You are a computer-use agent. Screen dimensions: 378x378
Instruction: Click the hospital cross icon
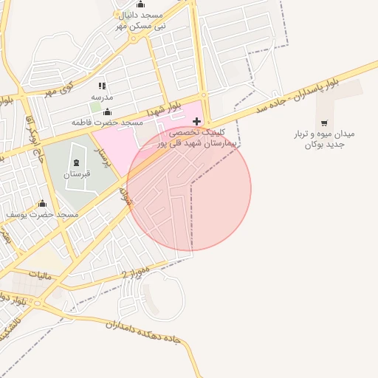tap(196, 120)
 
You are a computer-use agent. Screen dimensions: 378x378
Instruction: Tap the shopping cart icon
tap(325, 123)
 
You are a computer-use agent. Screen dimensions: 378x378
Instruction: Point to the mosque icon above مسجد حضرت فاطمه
tap(107, 111)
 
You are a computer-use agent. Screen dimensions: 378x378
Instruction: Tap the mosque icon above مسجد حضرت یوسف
tap(42, 204)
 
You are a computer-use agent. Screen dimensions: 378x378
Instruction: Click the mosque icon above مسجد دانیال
tap(141, 4)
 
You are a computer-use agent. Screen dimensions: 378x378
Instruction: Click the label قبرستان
tap(76, 174)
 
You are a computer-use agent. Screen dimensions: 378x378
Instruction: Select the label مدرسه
tap(102, 97)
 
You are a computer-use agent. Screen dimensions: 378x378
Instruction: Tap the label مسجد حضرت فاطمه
tap(106, 122)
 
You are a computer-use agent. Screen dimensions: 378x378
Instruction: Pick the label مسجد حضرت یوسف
tap(42, 214)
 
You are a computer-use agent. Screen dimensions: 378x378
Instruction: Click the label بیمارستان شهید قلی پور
tap(199, 144)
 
